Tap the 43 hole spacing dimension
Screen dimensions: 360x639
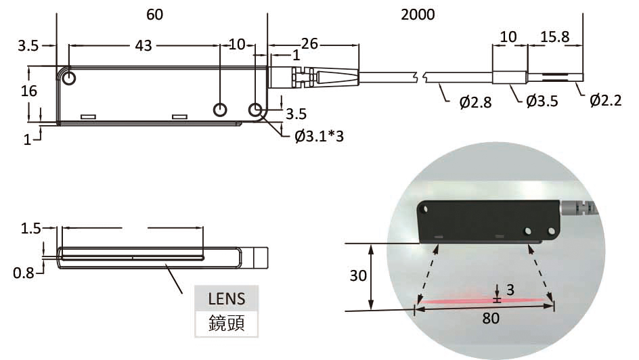point(144,45)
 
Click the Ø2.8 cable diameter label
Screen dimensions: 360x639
point(475,102)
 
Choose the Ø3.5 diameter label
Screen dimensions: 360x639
point(542,102)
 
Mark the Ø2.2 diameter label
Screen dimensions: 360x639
point(606,101)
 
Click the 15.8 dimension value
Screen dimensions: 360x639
point(554,35)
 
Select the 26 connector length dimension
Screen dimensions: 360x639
point(309,45)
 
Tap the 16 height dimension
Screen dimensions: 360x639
point(28,91)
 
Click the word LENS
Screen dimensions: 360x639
point(226,298)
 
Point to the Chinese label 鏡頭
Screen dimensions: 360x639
point(226,323)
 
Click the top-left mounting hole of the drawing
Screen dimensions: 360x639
point(69,78)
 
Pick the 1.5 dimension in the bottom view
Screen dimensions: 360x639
point(31,229)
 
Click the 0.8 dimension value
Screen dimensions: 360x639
point(24,273)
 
